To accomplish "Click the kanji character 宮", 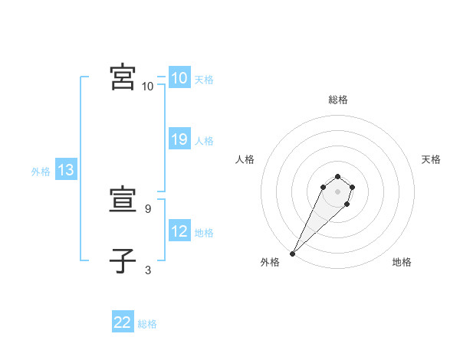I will (123, 78).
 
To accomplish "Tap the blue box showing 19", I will (179, 139).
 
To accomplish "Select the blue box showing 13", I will (66, 170).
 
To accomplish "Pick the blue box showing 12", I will (179, 231).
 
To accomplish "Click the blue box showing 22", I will (123, 322).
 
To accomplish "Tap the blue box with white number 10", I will (179, 78).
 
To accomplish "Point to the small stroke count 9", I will (149, 208).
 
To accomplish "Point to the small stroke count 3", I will (148, 270).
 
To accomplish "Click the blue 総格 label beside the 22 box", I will (147, 324).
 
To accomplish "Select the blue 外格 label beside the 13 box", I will (41, 172).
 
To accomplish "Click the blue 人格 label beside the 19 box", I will (204, 141).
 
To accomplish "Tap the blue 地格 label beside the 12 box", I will (204, 233).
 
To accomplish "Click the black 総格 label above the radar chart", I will (338, 100).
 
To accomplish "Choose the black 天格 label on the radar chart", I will (431, 159).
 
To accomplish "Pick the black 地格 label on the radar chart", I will (402, 262).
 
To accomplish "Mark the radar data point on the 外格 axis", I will (293, 253).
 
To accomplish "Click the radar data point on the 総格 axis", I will (338, 175).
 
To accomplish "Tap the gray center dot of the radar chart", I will (338, 191).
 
